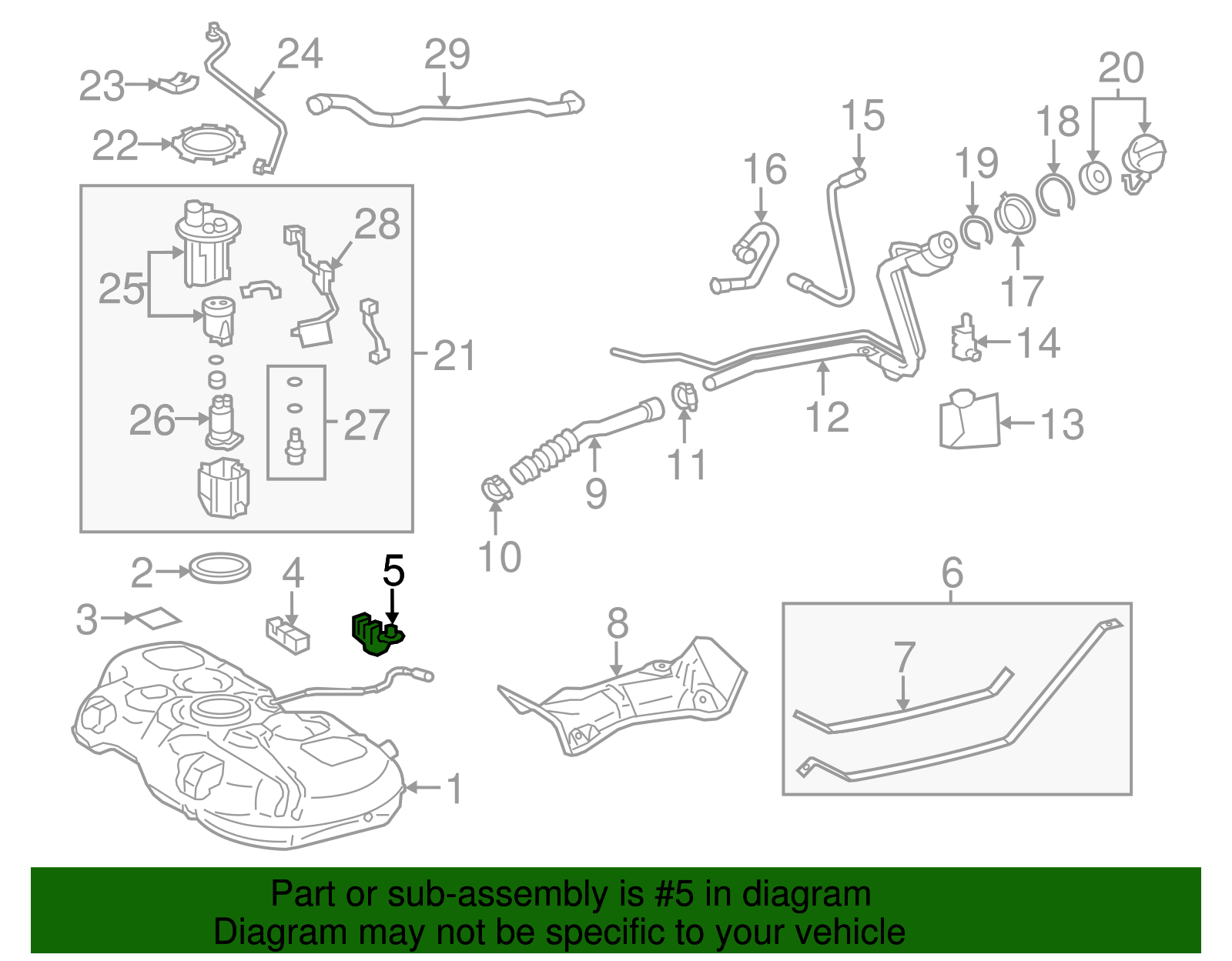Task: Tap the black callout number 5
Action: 393,572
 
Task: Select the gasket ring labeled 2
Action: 220,568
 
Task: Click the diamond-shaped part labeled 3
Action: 158,619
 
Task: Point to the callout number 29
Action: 447,54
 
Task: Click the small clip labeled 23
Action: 178,82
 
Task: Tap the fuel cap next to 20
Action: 1143,159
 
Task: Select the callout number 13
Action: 1062,424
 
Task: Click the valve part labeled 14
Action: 963,338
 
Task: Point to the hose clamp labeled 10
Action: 495,489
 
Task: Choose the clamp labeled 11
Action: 683,396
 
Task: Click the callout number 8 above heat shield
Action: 617,624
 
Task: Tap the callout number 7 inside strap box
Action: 904,658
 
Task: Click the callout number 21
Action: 454,355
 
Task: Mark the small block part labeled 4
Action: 287,634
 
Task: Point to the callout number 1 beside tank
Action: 454,789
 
